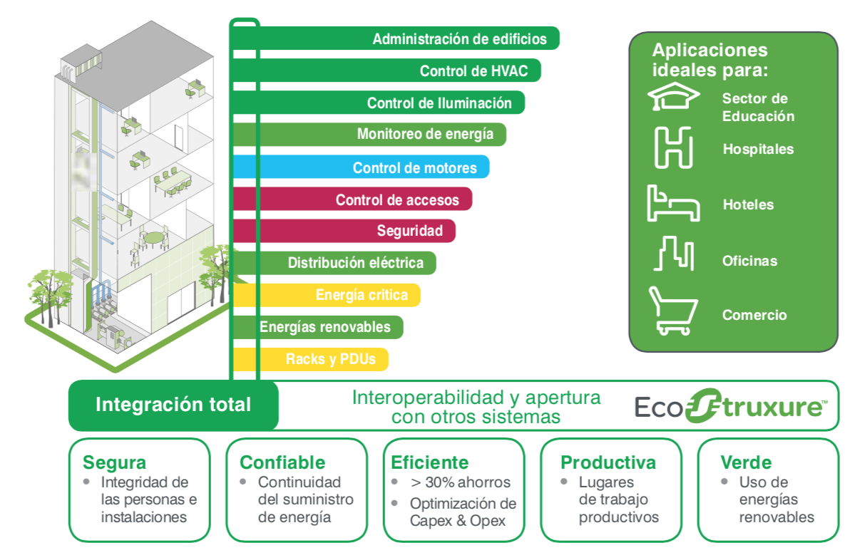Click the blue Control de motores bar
pyautogui.click(x=361, y=167)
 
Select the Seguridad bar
pyautogui.click(x=344, y=231)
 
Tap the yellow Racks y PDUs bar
pyautogui.click(x=311, y=359)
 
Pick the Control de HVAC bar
pyautogui.click(x=386, y=71)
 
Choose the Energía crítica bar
pyautogui.click(x=327, y=295)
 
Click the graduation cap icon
pyautogui.click(x=673, y=96)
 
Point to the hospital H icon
pyautogui.click(x=673, y=147)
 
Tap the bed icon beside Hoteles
pyautogui.click(x=673, y=203)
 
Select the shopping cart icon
pyautogui.click(x=673, y=311)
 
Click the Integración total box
pyautogui.click(x=173, y=405)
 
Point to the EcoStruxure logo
pyautogui.click(x=731, y=406)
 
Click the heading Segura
pyautogui.click(x=114, y=462)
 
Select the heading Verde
pyautogui.click(x=746, y=462)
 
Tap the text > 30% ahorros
pyautogui.click(x=461, y=482)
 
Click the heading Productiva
pyautogui.click(x=608, y=462)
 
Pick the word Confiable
pyautogui.click(x=282, y=462)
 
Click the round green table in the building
pyautogui.click(x=153, y=238)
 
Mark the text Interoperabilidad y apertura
pyautogui.click(x=476, y=398)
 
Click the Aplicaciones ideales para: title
pyautogui.click(x=710, y=60)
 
